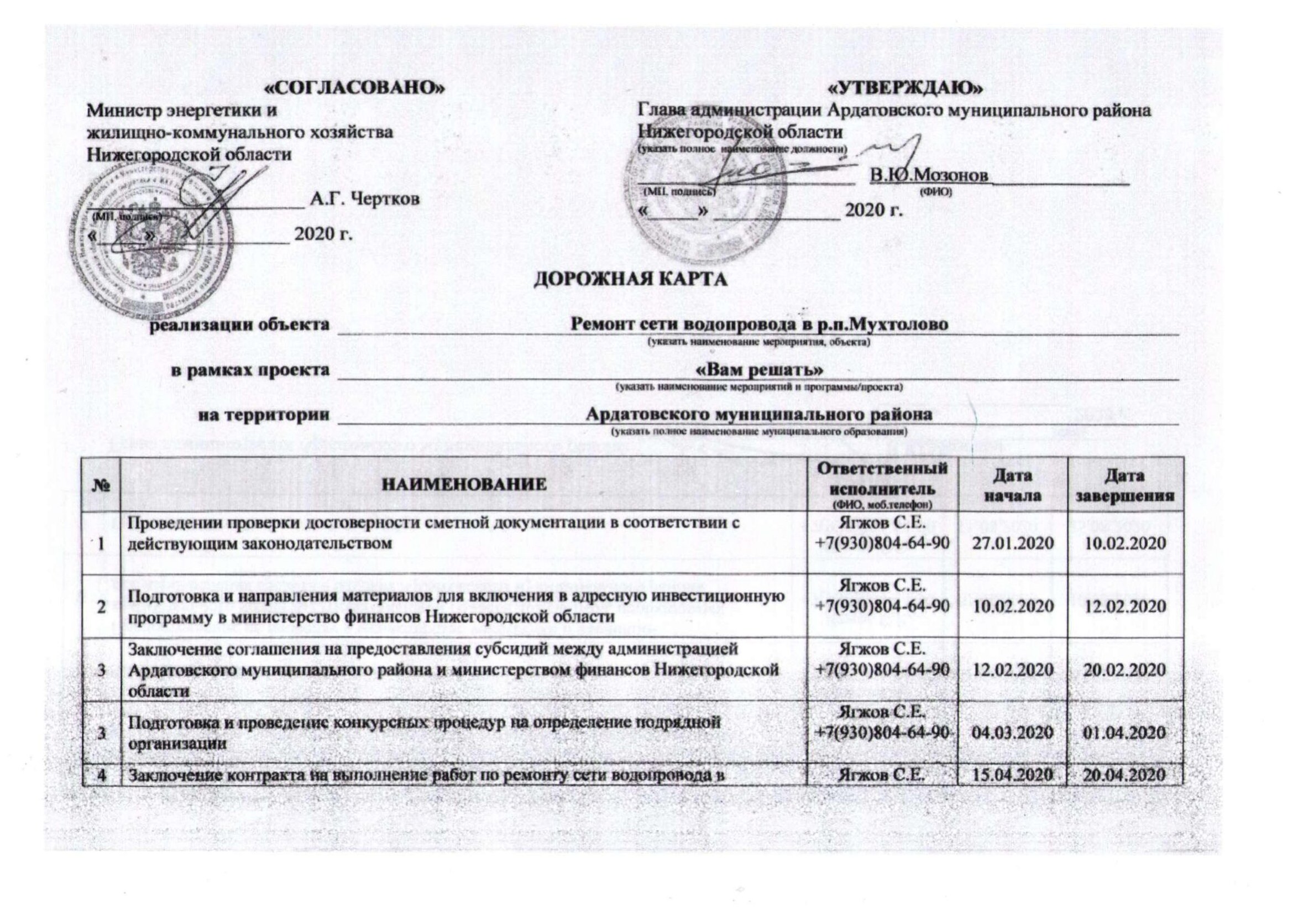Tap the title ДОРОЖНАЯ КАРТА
[630, 279]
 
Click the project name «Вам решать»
[760, 370]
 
